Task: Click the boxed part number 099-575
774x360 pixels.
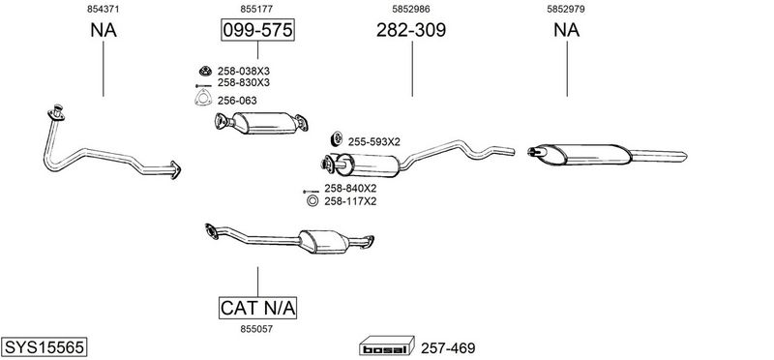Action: coord(257,30)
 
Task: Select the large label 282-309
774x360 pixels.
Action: coord(411,30)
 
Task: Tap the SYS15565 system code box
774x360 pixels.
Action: coord(44,347)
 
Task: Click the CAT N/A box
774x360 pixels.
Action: coord(257,308)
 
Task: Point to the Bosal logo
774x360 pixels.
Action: coord(386,345)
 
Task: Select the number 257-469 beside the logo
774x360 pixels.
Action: coord(448,348)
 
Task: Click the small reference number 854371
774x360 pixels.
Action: coord(104,9)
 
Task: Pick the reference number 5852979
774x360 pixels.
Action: coord(566,9)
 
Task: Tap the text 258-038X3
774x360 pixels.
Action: coord(244,71)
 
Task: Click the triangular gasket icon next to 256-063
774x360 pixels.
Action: coord(203,99)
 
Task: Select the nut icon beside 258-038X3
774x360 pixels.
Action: coord(205,71)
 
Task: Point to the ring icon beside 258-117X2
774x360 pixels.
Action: coord(312,201)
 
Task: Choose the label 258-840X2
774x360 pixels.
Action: coord(350,188)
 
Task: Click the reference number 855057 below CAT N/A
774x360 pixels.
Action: coord(256,329)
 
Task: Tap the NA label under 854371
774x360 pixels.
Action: coord(104,30)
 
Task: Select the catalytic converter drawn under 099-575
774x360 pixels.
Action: coord(261,123)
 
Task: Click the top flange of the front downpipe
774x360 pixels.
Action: coord(56,113)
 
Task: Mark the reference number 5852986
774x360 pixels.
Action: coord(411,9)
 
